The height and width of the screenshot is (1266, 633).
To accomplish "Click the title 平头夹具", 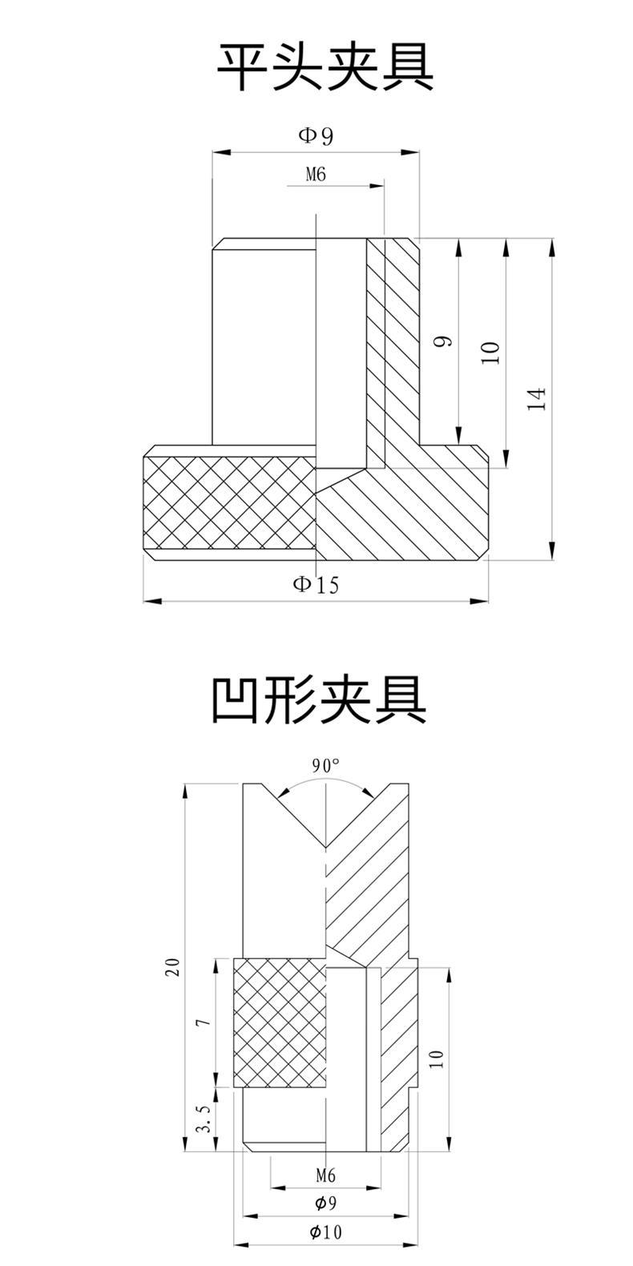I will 325,69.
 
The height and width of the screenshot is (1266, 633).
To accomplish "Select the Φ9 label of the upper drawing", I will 316,135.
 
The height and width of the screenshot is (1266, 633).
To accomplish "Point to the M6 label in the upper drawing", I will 316,174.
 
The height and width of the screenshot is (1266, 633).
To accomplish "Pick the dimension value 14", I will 538,398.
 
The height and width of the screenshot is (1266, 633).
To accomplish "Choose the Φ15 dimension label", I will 316,584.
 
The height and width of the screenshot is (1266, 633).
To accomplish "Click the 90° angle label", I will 326,765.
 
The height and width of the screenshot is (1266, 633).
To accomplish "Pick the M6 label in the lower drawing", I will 325,1175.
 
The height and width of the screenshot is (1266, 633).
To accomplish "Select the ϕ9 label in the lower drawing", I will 325,1203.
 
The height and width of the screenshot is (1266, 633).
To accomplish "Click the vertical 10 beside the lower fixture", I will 437,1058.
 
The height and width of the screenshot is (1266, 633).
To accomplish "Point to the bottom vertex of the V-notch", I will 326,848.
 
